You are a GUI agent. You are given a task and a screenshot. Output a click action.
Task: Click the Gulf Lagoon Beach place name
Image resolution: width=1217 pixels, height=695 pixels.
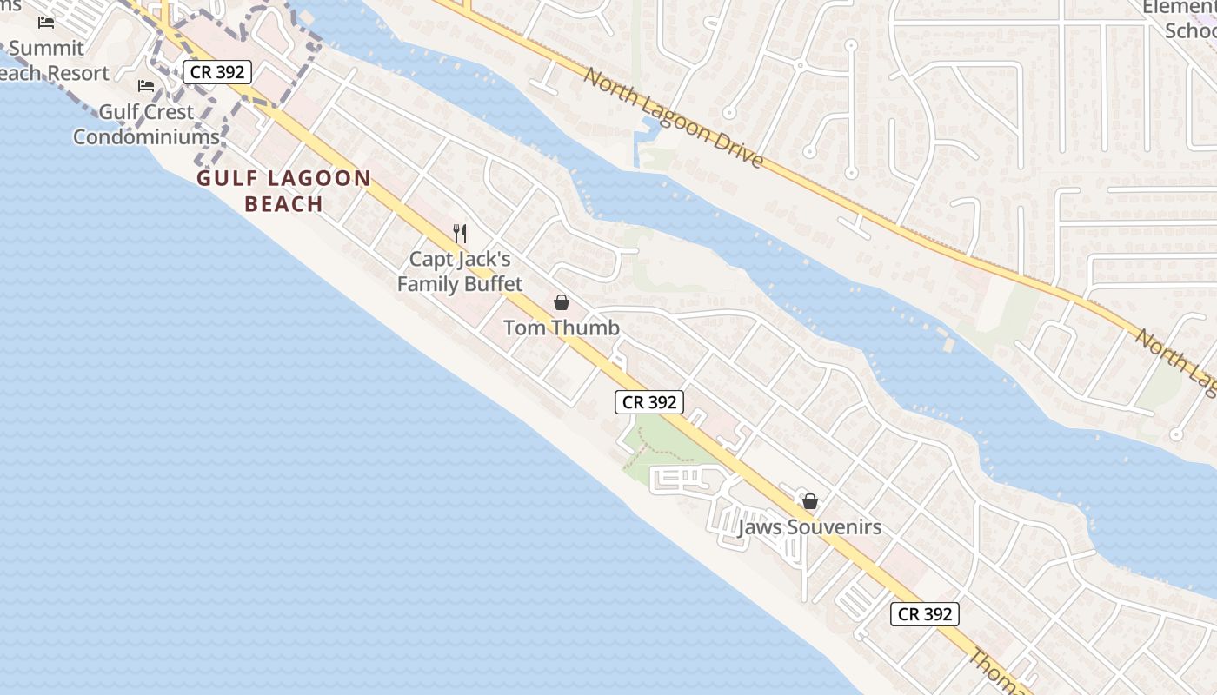click(284, 191)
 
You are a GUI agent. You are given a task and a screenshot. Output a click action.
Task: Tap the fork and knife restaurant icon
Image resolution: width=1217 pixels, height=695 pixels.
click(461, 233)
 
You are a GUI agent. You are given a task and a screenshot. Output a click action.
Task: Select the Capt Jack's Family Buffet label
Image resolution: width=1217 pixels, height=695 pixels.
click(460, 271)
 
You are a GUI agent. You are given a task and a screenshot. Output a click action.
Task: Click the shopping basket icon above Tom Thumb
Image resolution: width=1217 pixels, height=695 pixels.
click(562, 302)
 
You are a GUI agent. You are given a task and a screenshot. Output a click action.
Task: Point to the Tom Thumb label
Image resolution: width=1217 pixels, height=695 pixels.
click(562, 328)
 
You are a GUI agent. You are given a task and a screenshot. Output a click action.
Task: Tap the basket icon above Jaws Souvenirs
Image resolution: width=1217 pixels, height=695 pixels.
click(810, 501)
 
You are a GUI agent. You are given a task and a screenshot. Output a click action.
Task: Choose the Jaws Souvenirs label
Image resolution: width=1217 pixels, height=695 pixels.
click(809, 527)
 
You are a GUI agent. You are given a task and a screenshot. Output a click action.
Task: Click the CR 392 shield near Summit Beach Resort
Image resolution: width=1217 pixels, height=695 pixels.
click(217, 72)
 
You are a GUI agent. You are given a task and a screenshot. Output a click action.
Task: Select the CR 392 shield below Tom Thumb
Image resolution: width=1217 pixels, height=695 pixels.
click(650, 402)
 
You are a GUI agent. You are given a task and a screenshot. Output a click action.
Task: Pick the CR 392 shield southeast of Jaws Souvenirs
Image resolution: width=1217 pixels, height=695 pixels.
click(925, 613)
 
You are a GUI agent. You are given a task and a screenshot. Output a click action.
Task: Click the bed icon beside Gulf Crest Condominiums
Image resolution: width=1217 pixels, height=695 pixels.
click(146, 86)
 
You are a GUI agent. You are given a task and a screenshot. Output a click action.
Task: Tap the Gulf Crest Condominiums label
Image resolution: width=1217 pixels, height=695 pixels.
click(146, 124)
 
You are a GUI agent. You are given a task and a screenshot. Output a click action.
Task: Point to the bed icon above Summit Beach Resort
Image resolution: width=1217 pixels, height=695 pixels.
click(46, 23)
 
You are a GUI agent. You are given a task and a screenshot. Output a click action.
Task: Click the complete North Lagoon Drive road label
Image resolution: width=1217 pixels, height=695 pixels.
click(674, 117)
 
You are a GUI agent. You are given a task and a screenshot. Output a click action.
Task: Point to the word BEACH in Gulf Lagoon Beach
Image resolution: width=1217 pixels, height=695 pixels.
click(284, 205)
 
